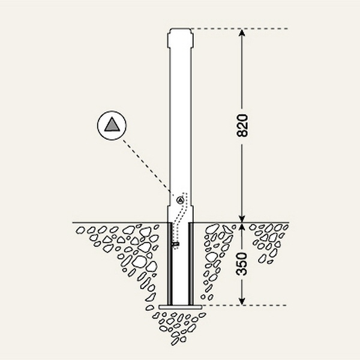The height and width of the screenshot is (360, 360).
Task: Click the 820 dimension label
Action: click(x=242, y=125)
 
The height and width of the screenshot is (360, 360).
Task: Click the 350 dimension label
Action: click(x=242, y=264)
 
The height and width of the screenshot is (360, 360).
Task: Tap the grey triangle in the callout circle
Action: click(x=112, y=125)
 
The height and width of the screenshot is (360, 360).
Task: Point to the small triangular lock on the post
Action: click(x=180, y=200)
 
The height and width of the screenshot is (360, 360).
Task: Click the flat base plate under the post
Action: click(x=181, y=307)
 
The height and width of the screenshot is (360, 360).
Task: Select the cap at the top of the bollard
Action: click(x=180, y=38)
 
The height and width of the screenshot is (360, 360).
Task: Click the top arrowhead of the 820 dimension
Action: click(x=242, y=34)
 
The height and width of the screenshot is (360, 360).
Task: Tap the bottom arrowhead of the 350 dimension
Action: click(x=242, y=301)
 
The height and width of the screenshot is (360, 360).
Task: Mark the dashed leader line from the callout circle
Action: click(x=146, y=166)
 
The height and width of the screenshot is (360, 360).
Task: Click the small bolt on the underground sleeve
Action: click(x=176, y=244)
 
